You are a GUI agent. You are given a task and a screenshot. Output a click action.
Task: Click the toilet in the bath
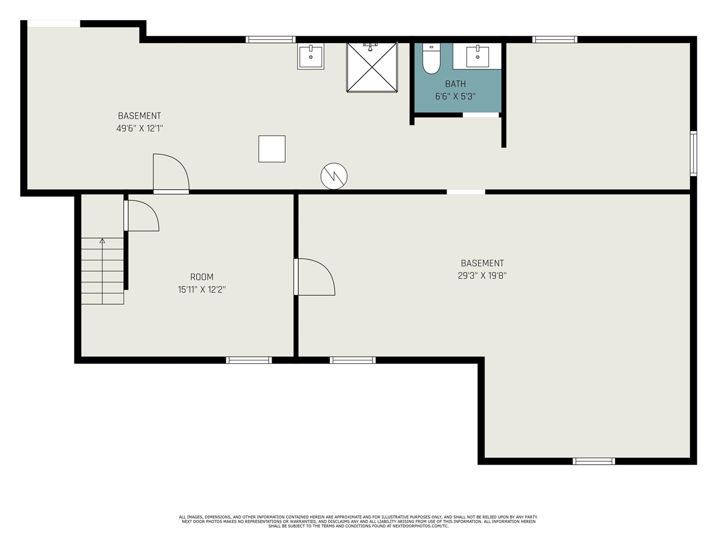point(431,58)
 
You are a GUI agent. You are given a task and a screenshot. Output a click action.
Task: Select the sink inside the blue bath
point(477,56)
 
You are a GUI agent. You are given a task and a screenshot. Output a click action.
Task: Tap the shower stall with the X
point(372,67)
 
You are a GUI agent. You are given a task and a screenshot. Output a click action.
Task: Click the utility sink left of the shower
point(311,56)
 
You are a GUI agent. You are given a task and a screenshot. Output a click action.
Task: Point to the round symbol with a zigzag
point(334,176)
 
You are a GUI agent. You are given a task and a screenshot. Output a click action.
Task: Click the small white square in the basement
point(272,149)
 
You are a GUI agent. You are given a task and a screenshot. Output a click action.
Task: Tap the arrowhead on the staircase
point(103,241)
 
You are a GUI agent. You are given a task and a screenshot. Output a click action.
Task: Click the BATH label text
point(455,84)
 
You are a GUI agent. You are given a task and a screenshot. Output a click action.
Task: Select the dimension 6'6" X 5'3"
point(455,97)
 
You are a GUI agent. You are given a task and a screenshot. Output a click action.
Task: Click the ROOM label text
point(202,277)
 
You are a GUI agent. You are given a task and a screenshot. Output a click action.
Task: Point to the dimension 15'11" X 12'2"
point(202,289)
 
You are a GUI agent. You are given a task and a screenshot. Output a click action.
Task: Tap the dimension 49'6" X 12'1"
point(139,128)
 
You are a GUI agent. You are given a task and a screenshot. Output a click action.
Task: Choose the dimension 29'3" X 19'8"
point(482,276)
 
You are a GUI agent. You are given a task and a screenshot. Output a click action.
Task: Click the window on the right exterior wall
point(693,154)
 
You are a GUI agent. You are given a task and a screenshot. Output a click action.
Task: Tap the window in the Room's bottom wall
point(249,360)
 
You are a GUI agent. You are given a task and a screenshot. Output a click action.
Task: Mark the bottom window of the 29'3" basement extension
point(594,461)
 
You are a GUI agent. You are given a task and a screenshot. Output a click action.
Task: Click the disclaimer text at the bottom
point(358,521)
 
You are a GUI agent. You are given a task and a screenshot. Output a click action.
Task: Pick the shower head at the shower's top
point(370,47)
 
